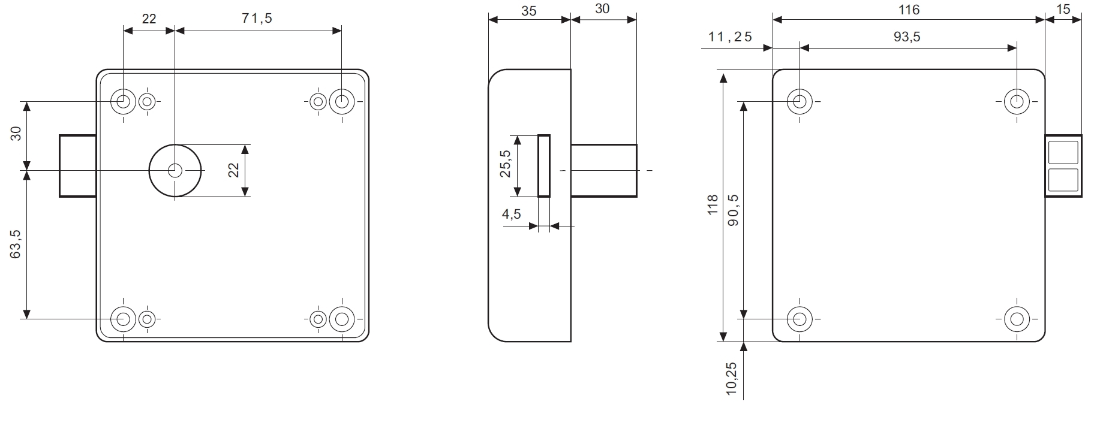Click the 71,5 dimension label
point(257,19)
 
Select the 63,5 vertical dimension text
point(16,244)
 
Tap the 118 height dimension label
point(713,205)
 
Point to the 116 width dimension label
point(909,10)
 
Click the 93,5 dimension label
point(907,37)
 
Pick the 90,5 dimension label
point(732,210)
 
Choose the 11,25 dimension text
point(730,37)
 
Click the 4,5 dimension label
point(512,214)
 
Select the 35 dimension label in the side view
point(529,11)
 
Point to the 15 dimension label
point(1063,10)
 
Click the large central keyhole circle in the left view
point(175,171)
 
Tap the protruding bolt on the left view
point(78,166)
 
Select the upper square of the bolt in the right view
point(1062,152)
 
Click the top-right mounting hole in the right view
point(1017,102)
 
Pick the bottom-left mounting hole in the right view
point(800,319)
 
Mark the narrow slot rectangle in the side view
point(544,166)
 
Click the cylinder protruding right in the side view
point(603,170)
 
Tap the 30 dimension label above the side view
point(602,10)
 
